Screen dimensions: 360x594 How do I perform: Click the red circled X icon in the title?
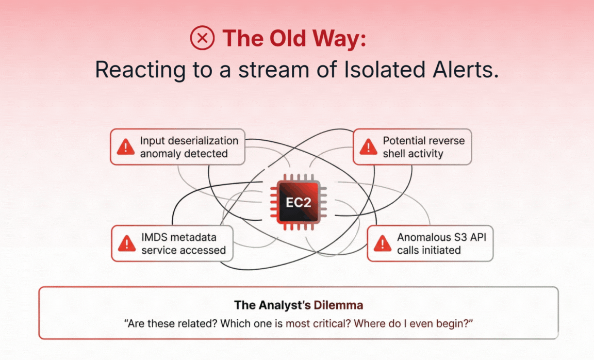pos(202,38)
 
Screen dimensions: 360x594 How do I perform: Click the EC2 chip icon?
pos(299,202)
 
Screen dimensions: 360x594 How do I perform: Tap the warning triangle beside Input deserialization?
pos(126,147)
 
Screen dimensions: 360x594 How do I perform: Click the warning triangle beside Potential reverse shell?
pos(368,147)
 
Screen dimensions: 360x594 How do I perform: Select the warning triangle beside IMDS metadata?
pos(127,243)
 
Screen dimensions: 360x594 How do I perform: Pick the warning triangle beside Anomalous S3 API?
pos(382,243)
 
